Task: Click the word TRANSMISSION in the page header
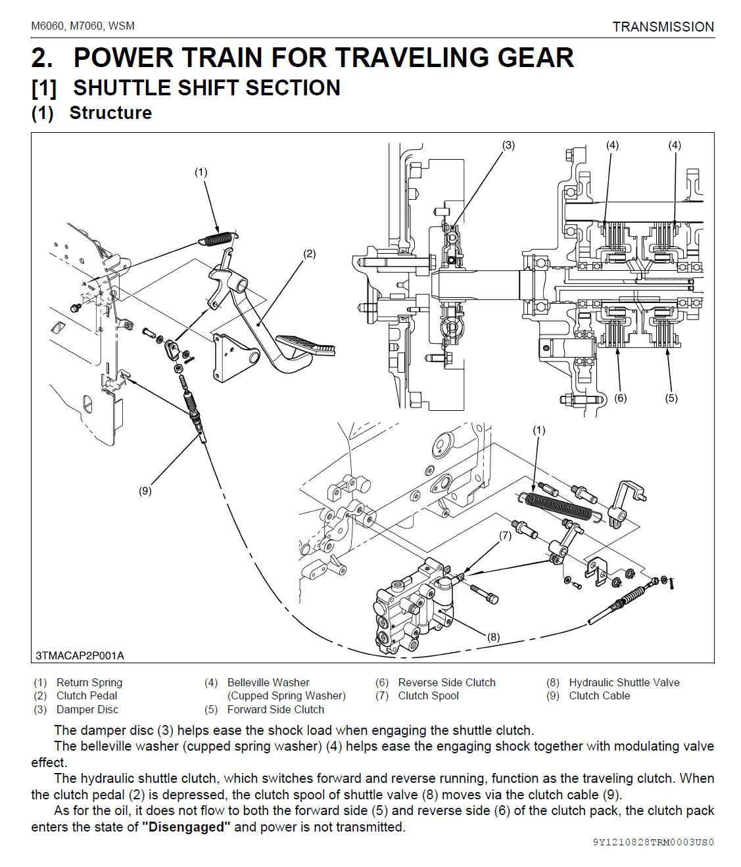pyautogui.click(x=663, y=27)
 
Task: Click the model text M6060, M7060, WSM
pyautogui.click(x=83, y=26)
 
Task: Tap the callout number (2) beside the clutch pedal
pyautogui.click(x=309, y=254)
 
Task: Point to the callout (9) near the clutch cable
pyautogui.click(x=145, y=490)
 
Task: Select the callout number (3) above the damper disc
pyautogui.click(x=508, y=145)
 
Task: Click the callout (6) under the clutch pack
pyautogui.click(x=620, y=398)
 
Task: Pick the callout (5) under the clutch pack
pyautogui.click(x=671, y=398)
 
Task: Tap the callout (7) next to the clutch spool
pyautogui.click(x=505, y=535)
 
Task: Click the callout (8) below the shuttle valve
pyautogui.click(x=493, y=636)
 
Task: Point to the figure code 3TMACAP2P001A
pyautogui.click(x=80, y=655)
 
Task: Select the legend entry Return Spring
pyautogui.click(x=89, y=682)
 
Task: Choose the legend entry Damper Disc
pyautogui.click(x=87, y=709)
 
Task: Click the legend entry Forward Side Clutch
pyautogui.click(x=275, y=709)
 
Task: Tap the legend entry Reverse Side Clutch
pyautogui.click(x=446, y=682)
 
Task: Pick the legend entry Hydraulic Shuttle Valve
pyautogui.click(x=624, y=682)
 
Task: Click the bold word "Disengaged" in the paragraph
pyautogui.click(x=186, y=826)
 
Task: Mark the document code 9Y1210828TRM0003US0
pyautogui.click(x=653, y=842)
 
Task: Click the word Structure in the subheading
pyautogui.click(x=110, y=113)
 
